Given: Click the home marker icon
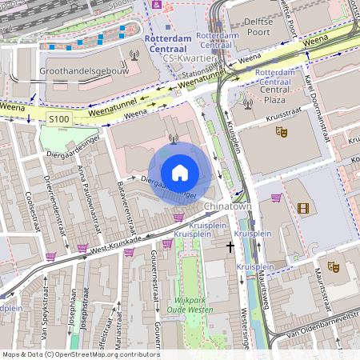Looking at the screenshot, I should tap(180, 172).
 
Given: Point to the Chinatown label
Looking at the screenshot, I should tap(228, 207).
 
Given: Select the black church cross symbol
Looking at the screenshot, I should tap(230, 248).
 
